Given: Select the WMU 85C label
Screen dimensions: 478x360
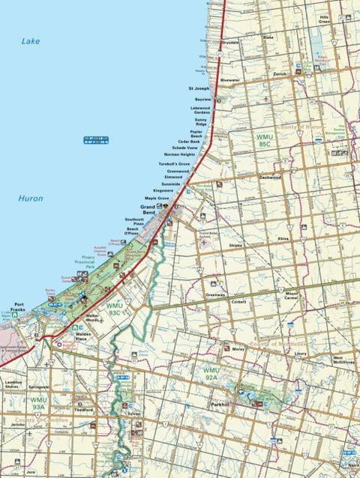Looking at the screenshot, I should [x=264, y=140].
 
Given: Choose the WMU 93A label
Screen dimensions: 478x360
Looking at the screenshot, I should [x=38, y=403].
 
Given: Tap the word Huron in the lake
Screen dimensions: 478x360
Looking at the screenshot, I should [x=31, y=199].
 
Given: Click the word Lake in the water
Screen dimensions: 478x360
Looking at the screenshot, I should [x=31, y=41].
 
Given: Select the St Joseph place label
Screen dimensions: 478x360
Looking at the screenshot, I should [x=199, y=88].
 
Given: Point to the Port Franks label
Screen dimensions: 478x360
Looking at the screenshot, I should [x=13, y=307].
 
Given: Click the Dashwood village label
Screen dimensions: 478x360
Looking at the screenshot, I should [x=270, y=178].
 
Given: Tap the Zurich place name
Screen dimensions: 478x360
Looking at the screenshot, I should [x=280, y=74].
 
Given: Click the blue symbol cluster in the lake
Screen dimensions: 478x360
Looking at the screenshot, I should [x=96, y=140].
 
